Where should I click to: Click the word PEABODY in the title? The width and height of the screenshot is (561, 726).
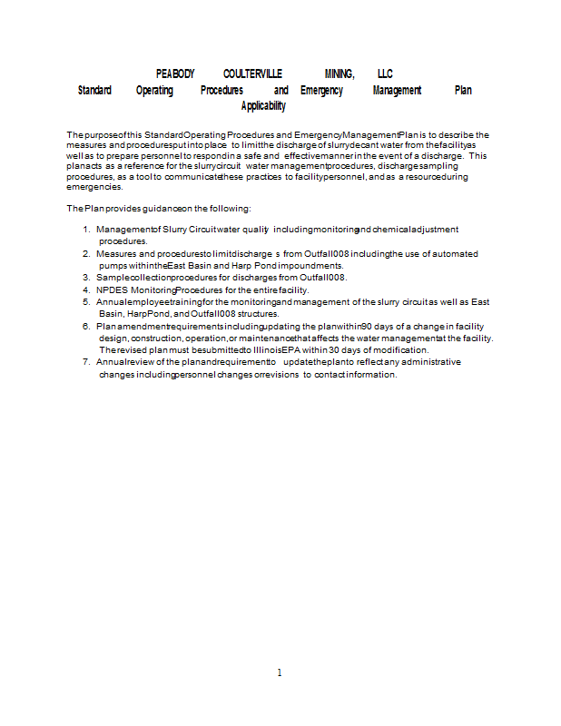[x=175, y=74]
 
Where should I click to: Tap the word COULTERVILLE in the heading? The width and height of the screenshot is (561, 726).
[x=252, y=74]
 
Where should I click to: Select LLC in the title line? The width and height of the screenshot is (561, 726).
[x=385, y=74]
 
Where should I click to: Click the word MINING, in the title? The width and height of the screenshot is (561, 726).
[x=339, y=74]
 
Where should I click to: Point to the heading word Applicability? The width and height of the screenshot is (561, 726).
[x=264, y=107]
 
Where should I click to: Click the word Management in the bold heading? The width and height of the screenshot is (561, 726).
[x=397, y=91]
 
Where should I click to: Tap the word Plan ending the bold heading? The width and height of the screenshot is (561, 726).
[x=463, y=91]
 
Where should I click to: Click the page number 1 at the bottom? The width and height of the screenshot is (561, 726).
[x=280, y=672]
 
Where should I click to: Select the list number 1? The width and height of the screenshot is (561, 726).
[x=86, y=230]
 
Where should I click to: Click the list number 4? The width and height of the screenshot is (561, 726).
[x=86, y=289]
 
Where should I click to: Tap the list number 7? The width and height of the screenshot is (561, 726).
[x=86, y=361]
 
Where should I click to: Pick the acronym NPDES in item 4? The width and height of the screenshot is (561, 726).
[x=112, y=289]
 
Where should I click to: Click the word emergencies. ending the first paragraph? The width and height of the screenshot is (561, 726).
[x=94, y=187]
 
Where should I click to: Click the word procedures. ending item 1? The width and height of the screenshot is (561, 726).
[x=123, y=241]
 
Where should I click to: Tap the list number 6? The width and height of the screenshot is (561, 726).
[x=86, y=325]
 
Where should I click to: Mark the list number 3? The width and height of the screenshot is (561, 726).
[x=86, y=277]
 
